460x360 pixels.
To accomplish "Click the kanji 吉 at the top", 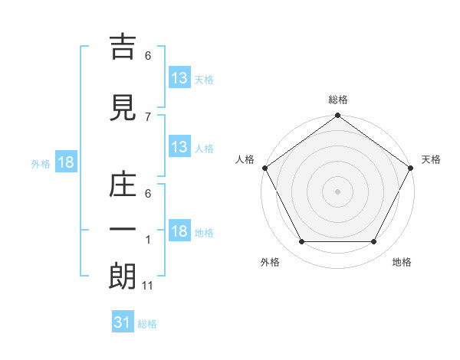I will (x=123, y=47).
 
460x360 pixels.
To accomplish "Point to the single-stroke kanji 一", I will (x=123, y=229).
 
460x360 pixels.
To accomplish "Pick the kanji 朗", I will (x=123, y=277).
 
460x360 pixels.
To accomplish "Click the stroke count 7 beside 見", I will (x=148, y=116).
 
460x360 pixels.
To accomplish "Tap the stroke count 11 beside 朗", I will (x=148, y=286).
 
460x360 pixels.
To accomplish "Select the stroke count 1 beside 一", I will (x=148, y=239).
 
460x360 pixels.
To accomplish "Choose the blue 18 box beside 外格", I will (x=65, y=163).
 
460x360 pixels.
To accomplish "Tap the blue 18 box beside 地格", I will (x=179, y=231).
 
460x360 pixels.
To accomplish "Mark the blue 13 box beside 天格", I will (x=179, y=78).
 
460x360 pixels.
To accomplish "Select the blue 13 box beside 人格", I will (x=179, y=147).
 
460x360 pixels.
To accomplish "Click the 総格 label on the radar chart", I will (x=338, y=100).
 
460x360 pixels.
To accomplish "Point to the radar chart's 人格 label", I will (x=245, y=159).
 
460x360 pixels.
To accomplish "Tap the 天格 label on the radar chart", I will (x=432, y=159).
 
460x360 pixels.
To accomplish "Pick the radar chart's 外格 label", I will (x=270, y=263).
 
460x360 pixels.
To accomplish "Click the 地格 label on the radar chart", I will (x=402, y=263).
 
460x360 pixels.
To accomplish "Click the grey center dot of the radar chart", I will (x=338, y=191).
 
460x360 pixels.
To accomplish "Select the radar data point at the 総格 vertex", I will (x=338, y=116).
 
